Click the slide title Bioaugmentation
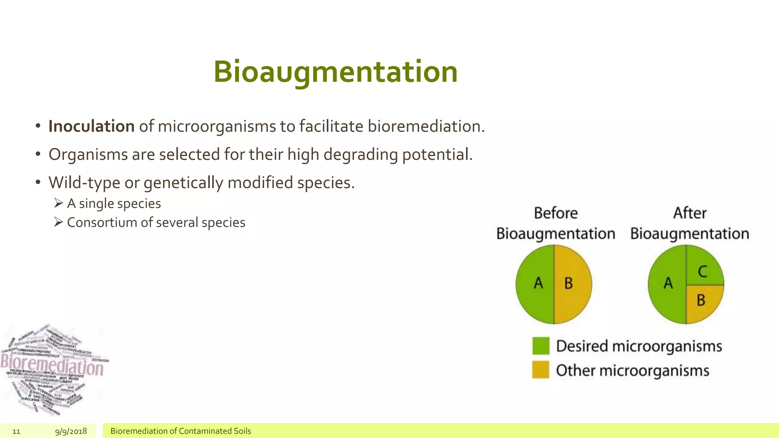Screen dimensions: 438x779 click(335, 72)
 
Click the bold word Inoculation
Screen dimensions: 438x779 click(91, 127)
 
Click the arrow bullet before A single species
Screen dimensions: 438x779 click(58, 203)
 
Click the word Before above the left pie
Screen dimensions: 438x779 click(555, 213)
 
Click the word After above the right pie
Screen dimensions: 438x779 click(690, 213)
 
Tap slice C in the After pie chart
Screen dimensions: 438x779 click(703, 268)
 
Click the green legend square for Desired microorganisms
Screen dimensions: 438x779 click(541, 346)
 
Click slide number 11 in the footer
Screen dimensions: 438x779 click(16, 431)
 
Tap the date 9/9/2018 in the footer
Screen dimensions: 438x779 click(71, 431)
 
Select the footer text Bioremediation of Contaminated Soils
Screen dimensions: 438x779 click(180, 431)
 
